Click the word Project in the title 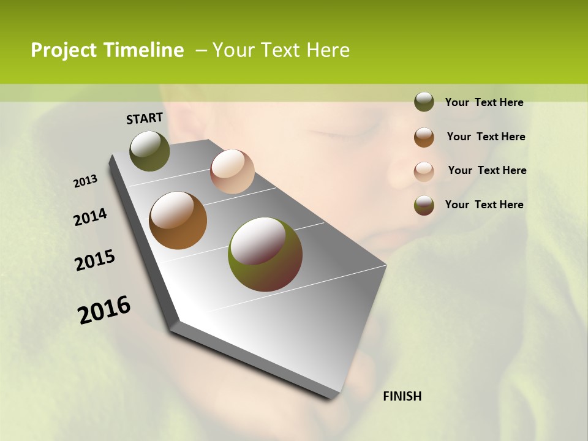click(62, 50)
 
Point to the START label click(145, 118)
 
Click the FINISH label click(402, 396)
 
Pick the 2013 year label click(86, 181)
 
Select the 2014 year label click(91, 217)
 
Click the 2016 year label click(104, 310)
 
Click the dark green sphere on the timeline click(150, 151)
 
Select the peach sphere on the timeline click(232, 171)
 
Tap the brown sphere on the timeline click(178, 221)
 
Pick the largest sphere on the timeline click(265, 254)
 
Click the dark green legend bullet click(424, 102)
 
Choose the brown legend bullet click(424, 137)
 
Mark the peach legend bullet click(424, 171)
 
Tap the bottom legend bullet click(424, 205)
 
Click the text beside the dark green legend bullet click(484, 103)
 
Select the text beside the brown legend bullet click(486, 137)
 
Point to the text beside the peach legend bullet click(487, 170)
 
